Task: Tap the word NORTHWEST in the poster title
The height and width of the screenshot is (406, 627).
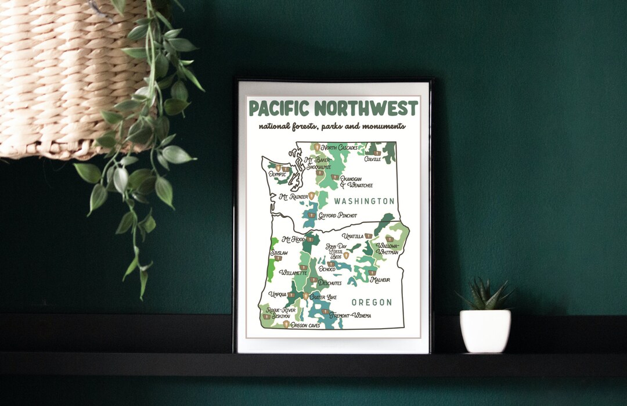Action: pyautogui.click(x=366, y=109)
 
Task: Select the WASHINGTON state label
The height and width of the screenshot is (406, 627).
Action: pyautogui.click(x=364, y=201)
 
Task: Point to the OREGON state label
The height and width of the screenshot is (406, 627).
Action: pyautogui.click(x=372, y=303)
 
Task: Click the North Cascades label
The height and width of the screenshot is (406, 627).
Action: pyautogui.click(x=340, y=148)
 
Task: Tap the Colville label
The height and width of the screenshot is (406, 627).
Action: pyautogui.click(x=373, y=159)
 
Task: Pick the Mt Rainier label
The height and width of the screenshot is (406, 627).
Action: pyautogui.click(x=294, y=197)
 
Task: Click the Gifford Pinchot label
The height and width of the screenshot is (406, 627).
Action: pyautogui.click(x=337, y=215)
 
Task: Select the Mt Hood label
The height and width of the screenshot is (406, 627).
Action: pyautogui.click(x=293, y=239)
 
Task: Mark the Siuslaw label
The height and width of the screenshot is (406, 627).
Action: pyautogui.click(x=279, y=253)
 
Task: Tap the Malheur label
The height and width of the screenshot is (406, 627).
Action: pyautogui.click(x=380, y=280)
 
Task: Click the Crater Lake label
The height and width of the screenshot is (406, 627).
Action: pyautogui.click(x=323, y=297)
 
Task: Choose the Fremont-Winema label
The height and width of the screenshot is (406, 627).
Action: pyautogui.click(x=350, y=315)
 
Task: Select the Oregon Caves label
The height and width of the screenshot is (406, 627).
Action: pyautogui.click(x=305, y=325)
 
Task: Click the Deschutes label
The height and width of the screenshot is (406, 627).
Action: pyautogui.click(x=329, y=283)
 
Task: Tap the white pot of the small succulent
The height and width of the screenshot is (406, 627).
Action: pyautogui.click(x=485, y=331)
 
